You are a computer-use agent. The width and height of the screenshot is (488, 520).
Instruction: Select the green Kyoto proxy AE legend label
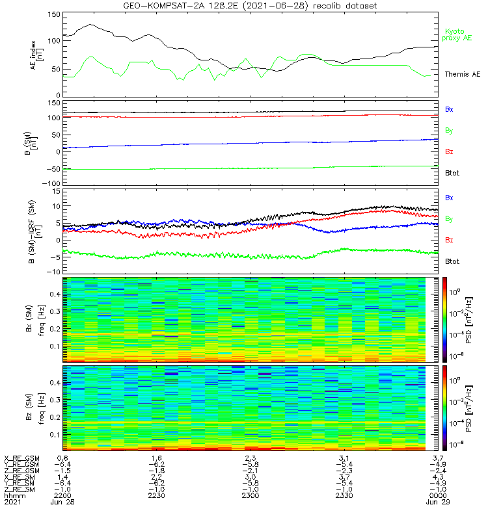click(x=458, y=34)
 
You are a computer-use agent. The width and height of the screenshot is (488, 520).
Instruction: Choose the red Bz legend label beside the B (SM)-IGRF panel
click(x=450, y=240)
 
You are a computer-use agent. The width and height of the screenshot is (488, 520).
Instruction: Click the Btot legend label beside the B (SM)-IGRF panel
click(x=453, y=261)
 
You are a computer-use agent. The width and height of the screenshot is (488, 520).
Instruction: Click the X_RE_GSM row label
click(x=21, y=458)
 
